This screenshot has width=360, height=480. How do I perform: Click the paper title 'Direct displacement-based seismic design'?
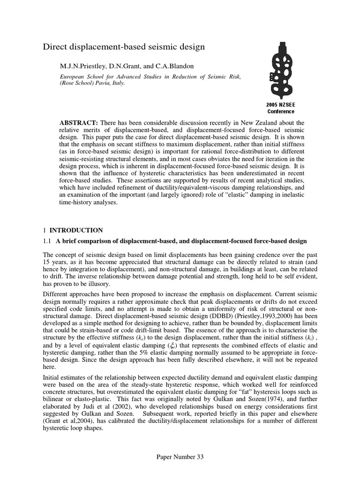[x=124, y=47]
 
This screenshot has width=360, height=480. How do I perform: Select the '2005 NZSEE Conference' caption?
[x=281, y=108]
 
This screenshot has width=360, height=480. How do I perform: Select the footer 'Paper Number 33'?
[x=180, y=457]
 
